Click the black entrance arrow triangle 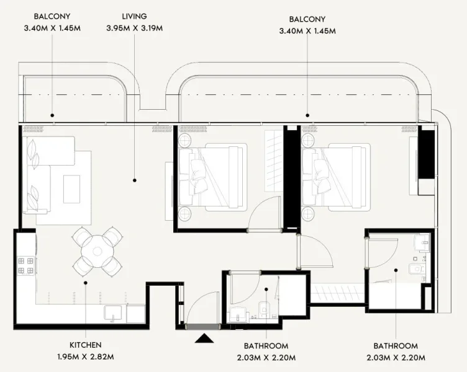click(204, 338)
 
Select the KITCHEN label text click(86, 345)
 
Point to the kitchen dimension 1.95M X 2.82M click(86, 356)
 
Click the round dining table click(97, 252)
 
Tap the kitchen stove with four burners click(25, 266)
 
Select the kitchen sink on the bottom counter click(114, 313)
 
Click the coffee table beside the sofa click(71, 188)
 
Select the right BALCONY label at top click(307, 19)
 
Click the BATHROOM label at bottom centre click(266, 345)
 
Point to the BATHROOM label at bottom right click(396, 345)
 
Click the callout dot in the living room click(134, 180)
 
